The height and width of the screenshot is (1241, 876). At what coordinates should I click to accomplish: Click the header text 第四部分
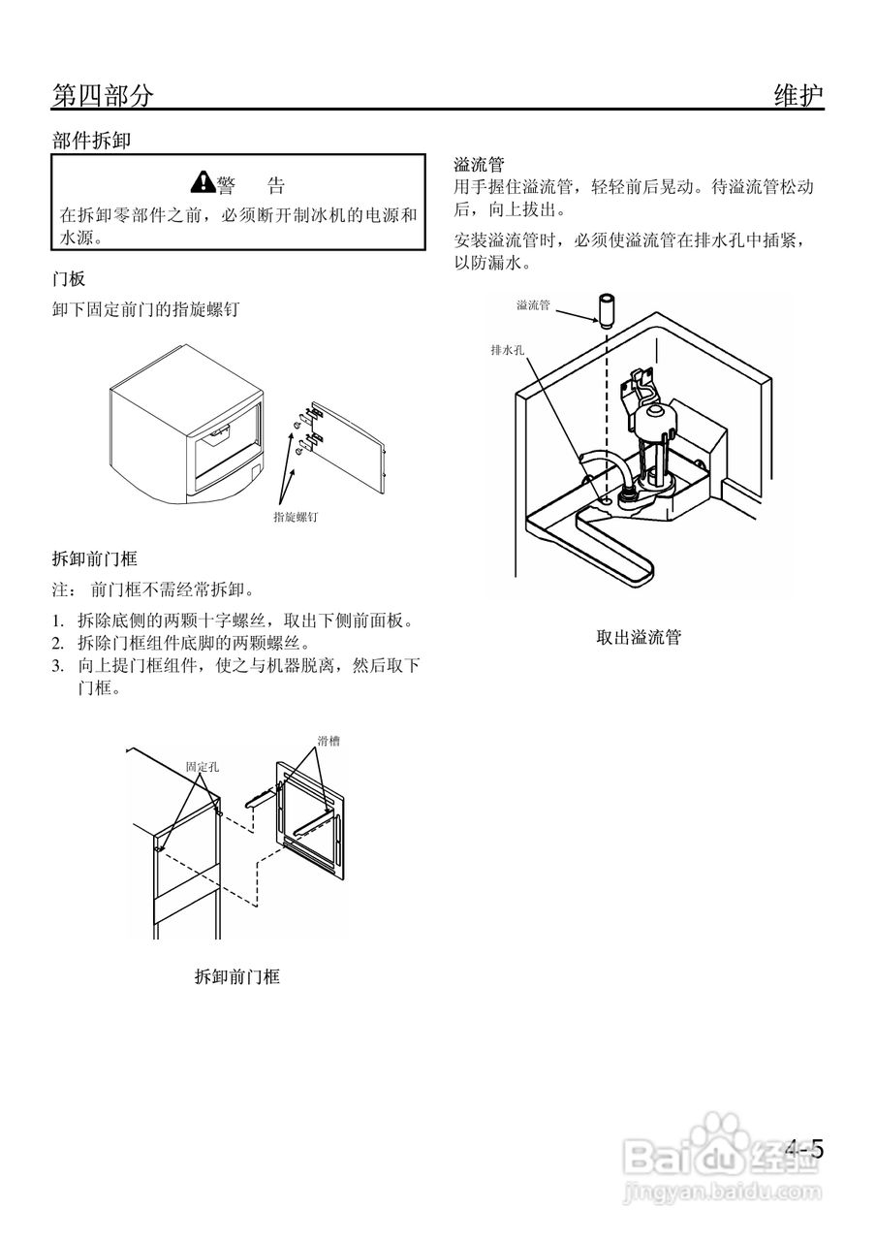(102, 95)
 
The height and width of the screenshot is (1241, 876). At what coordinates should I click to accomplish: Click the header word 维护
(798, 95)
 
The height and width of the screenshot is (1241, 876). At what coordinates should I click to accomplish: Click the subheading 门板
(69, 279)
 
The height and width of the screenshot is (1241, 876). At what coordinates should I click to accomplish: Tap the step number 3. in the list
(58, 665)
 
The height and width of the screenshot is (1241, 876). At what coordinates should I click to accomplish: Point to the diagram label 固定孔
(202, 766)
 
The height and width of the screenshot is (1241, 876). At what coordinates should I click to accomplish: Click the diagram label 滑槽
(328, 741)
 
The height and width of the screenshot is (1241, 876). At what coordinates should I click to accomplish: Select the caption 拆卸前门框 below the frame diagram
(236, 977)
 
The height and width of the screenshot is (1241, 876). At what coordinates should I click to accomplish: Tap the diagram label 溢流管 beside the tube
(533, 305)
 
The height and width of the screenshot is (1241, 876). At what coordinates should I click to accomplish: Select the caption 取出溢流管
(639, 638)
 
